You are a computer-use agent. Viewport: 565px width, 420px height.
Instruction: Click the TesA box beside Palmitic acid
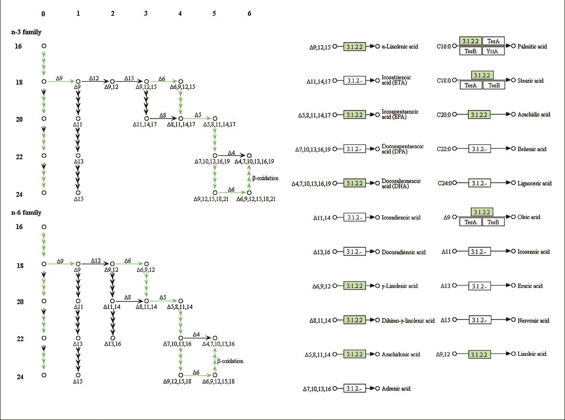point(493,42)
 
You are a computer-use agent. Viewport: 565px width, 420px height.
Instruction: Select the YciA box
point(493,51)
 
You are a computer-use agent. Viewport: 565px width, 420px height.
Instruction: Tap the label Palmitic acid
point(532,46)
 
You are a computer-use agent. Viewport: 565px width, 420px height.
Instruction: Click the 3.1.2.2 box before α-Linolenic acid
point(355,46)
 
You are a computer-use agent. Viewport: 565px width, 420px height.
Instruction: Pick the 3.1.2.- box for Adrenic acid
point(355,388)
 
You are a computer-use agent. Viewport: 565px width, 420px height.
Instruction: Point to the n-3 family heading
point(26,32)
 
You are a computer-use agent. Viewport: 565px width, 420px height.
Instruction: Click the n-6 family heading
point(26,212)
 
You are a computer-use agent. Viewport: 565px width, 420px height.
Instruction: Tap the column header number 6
point(249,14)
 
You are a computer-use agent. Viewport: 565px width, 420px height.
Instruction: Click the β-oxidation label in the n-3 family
point(266,178)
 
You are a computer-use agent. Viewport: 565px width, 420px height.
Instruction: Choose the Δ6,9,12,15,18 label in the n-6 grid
point(218,381)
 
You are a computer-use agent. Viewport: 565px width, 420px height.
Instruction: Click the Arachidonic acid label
point(400,354)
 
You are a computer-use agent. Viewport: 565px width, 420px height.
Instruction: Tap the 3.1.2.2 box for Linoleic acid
point(480,354)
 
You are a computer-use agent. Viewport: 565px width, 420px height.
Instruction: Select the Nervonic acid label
point(533,320)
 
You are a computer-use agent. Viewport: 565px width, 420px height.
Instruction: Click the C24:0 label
point(444,183)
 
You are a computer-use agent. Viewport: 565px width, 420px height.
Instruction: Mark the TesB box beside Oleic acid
point(493,222)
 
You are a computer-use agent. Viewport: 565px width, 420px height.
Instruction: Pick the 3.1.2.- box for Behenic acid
point(480,149)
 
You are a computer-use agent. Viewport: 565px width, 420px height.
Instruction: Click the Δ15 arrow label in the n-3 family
point(129,77)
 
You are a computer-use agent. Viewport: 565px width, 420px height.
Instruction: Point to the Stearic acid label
point(531,81)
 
